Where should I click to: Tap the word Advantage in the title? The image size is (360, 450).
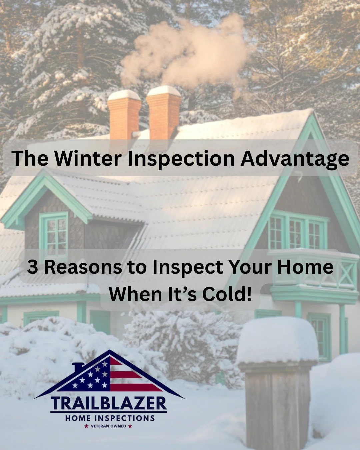295,159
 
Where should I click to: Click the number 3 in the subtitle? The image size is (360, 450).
32,267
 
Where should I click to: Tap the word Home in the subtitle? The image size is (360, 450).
307,267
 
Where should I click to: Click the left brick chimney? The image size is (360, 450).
124,115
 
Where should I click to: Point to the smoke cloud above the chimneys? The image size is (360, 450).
187,53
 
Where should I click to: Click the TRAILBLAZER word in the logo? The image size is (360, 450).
109,404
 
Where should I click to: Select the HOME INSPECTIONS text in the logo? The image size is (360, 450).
110,418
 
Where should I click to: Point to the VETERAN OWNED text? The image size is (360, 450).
109,426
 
